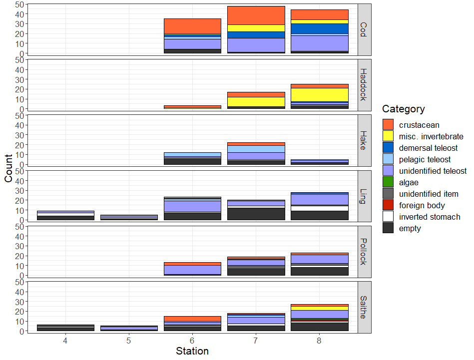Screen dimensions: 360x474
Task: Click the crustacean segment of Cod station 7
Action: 256,15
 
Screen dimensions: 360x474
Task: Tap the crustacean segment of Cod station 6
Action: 192,26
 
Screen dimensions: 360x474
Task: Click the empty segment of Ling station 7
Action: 256,214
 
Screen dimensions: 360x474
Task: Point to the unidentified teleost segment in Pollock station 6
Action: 192,270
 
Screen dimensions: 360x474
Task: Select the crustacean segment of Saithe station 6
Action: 192,319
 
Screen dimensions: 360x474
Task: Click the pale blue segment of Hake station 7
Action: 256,149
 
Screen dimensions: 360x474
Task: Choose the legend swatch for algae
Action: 388,182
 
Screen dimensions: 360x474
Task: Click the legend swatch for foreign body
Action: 388,205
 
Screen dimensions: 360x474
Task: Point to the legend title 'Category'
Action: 403,109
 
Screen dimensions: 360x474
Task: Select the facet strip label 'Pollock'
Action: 364,251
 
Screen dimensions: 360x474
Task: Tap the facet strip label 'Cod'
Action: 364,29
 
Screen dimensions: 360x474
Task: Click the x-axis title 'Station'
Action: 192,351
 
